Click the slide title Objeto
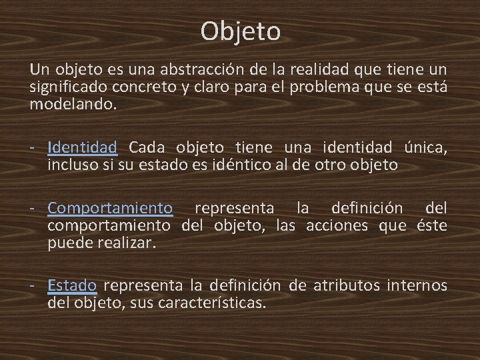click(240, 31)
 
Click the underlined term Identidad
click(83, 147)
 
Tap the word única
click(425, 147)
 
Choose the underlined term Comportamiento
click(110, 209)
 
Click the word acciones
click(337, 226)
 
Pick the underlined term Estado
click(73, 286)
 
